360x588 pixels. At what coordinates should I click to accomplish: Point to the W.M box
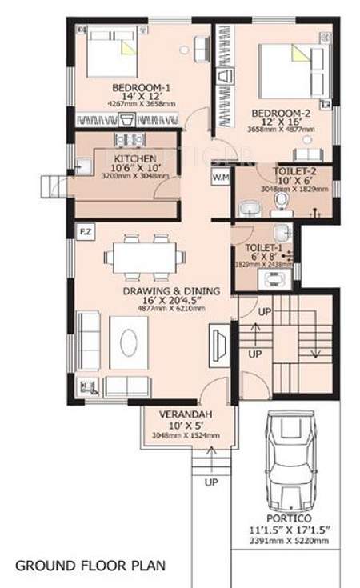click(220, 177)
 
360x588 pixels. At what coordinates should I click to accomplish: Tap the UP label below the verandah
click(211, 482)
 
